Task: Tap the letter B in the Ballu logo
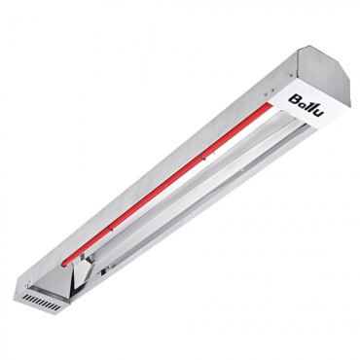294,98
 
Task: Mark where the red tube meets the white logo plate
268,104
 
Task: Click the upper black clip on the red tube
202,158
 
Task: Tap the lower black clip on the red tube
109,228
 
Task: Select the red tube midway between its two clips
156,192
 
